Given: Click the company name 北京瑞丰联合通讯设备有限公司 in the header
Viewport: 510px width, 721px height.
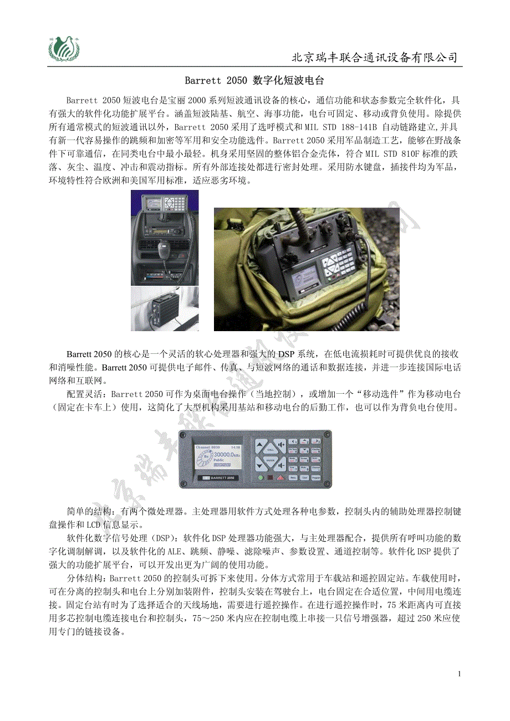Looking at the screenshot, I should click(375, 58).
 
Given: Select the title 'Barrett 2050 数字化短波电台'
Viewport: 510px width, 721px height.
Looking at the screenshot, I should click(254, 81).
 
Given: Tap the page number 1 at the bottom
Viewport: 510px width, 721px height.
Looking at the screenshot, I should click(460, 674).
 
